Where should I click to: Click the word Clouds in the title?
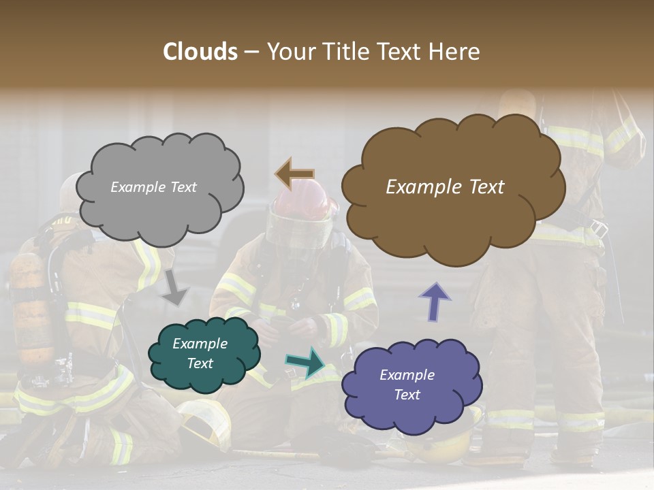pyautogui.click(x=200, y=52)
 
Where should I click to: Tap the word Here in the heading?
pyautogui.click(x=456, y=52)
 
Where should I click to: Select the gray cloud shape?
pyautogui.click(x=160, y=204)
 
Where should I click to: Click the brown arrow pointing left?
pyautogui.click(x=294, y=174)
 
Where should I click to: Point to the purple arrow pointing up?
pyautogui.click(x=435, y=301)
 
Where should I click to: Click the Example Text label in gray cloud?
pyautogui.click(x=153, y=187)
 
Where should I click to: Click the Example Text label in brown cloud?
pyautogui.click(x=445, y=187)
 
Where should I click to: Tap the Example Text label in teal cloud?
pyautogui.click(x=200, y=353)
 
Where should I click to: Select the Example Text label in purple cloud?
pyautogui.click(x=407, y=385)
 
